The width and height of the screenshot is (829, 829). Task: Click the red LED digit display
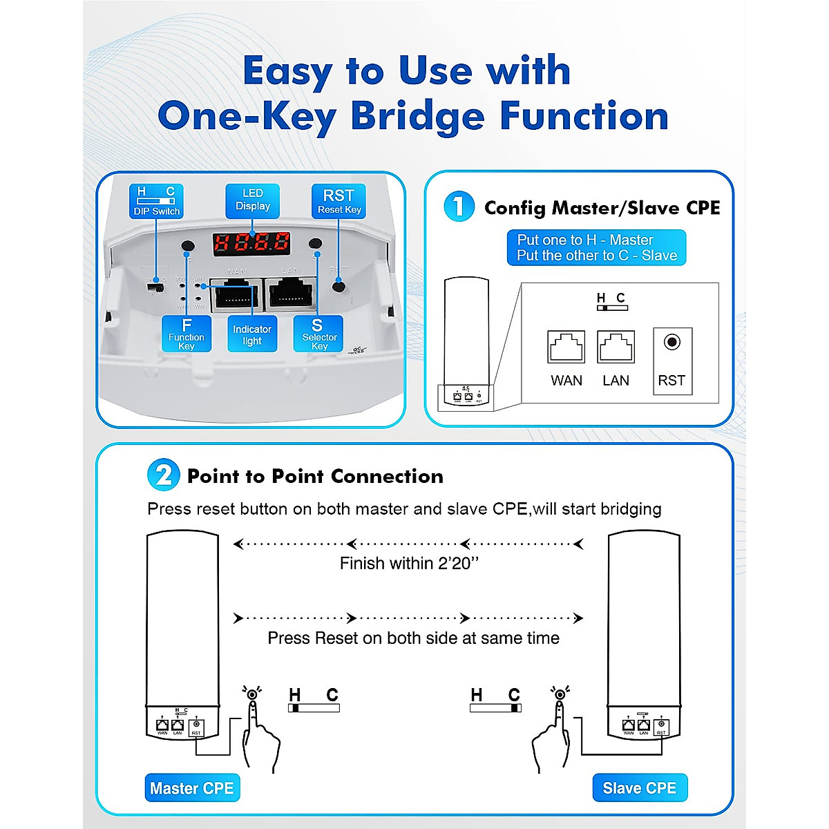251,242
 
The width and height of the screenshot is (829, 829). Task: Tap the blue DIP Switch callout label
156,201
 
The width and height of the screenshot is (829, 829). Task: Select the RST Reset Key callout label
339,201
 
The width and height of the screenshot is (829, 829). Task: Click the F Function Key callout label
187,334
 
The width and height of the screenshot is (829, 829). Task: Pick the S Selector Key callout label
318,334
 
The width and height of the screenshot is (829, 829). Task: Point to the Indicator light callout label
252,334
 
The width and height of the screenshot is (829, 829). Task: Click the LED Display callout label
252,200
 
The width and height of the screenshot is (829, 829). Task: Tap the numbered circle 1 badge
459,207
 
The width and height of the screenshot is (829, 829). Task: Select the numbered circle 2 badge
164,475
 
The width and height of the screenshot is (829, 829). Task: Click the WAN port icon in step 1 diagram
566,347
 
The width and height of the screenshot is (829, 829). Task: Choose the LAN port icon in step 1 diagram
616,347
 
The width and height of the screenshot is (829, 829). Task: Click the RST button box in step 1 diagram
672,361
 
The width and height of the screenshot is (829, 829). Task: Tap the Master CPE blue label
192,788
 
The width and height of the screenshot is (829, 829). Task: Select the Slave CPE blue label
640,788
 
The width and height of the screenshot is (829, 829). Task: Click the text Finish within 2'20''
409,564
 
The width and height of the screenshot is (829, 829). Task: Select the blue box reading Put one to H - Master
596,247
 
